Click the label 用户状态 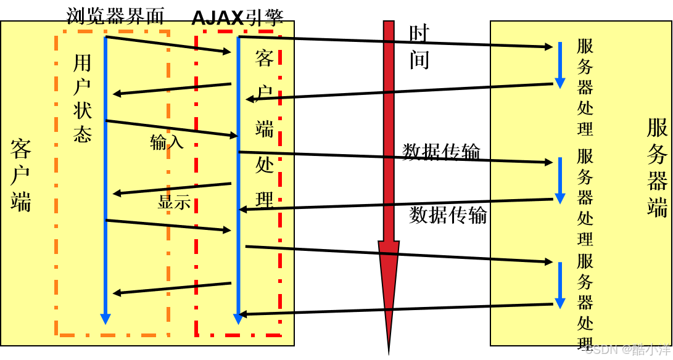(x=82, y=99)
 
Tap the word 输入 (x=167, y=142)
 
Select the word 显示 (x=174, y=202)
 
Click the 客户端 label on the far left (x=20, y=176)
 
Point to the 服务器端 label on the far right (x=657, y=167)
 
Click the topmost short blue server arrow (x=560, y=65)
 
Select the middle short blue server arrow (x=560, y=180)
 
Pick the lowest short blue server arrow (x=560, y=285)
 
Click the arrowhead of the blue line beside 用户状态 (x=105, y=318)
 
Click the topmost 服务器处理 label (x=585, y=87)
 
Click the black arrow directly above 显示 (x=172, y=189)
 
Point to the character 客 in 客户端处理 (x=265, y=59)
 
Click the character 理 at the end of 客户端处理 (x=265, y=200)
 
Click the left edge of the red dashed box (x=197, y=185)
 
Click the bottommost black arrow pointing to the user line (x=172, y=288)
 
